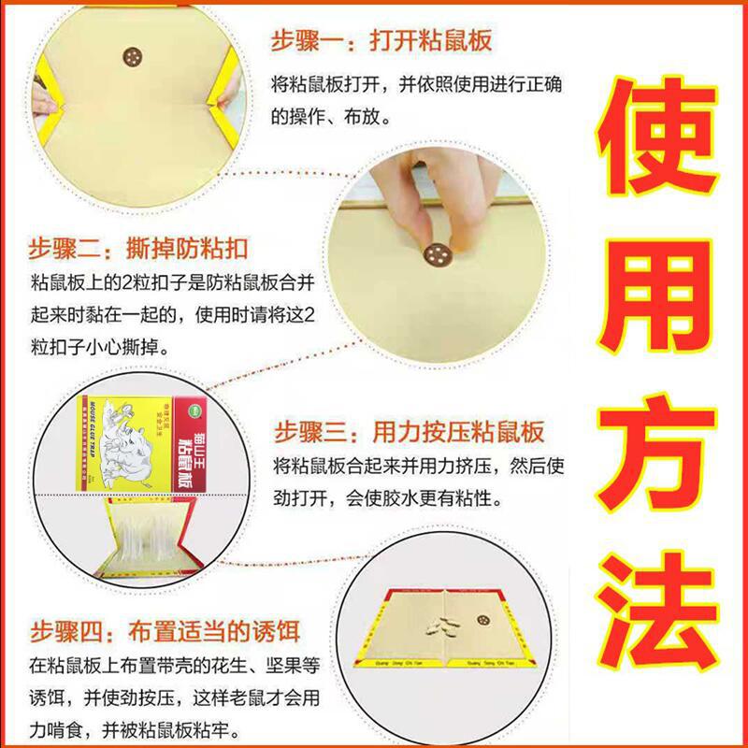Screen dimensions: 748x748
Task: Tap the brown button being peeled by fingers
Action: click(x=437, y=251)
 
